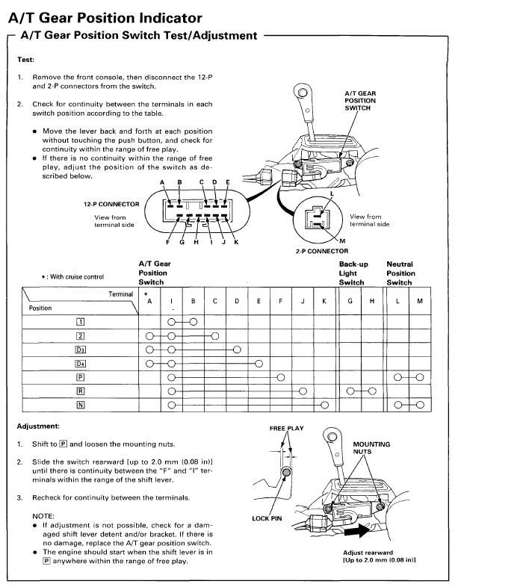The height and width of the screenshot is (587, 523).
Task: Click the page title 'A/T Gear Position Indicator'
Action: tap(105, 17)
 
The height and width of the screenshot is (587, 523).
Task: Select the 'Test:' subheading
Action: tap(25, 59)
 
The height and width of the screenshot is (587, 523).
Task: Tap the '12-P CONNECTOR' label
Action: tap(111, 204)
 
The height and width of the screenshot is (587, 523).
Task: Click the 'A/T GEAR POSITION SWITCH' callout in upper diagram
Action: tap(359, 101)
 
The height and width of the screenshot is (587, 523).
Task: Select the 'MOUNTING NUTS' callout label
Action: tap(371, 448)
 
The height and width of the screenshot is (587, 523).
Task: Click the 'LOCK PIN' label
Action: tap(267, 518)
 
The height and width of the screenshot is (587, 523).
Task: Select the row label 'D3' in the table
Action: tap(80, 349)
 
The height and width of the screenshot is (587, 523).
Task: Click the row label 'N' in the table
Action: tap(80, 405)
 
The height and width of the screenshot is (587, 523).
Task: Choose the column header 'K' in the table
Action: tap(324, 301)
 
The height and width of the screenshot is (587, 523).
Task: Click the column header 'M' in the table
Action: tap(419, 301)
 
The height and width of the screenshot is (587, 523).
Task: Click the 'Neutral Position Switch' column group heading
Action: tap(400, 273)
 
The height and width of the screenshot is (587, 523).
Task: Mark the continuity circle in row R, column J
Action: tap(303, 391)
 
